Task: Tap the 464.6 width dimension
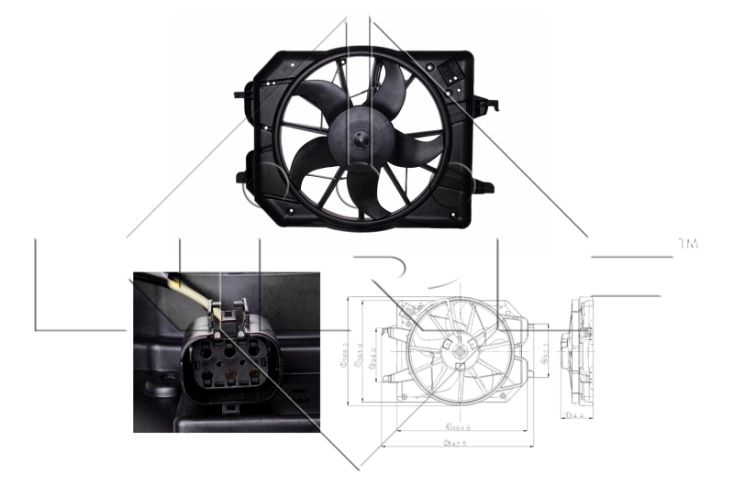click(458, 427)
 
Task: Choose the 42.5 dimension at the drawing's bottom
click(450, 445)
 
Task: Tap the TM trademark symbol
click(688, 244)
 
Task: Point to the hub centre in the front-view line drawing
click(454, 351)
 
